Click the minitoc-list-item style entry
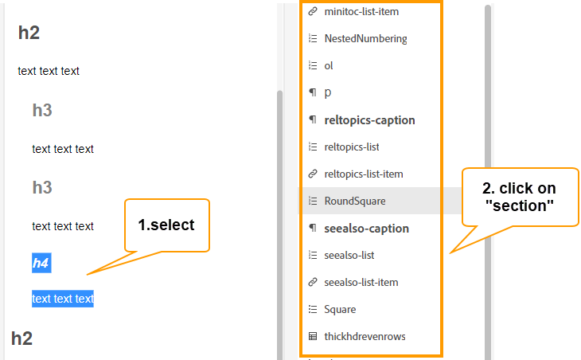361,12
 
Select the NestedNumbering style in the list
365,38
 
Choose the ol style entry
329,65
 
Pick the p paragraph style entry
328,92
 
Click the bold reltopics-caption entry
369,120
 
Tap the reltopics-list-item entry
364,174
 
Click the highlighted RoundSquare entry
355,201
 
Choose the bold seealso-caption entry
366,229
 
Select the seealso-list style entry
349,255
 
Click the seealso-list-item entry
361,282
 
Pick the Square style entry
340,309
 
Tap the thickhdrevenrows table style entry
365,336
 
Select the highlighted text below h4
63,299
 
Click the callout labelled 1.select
166,225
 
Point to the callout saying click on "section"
519,196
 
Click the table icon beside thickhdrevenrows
312,336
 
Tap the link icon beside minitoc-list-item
312,12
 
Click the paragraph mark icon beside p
312,92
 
